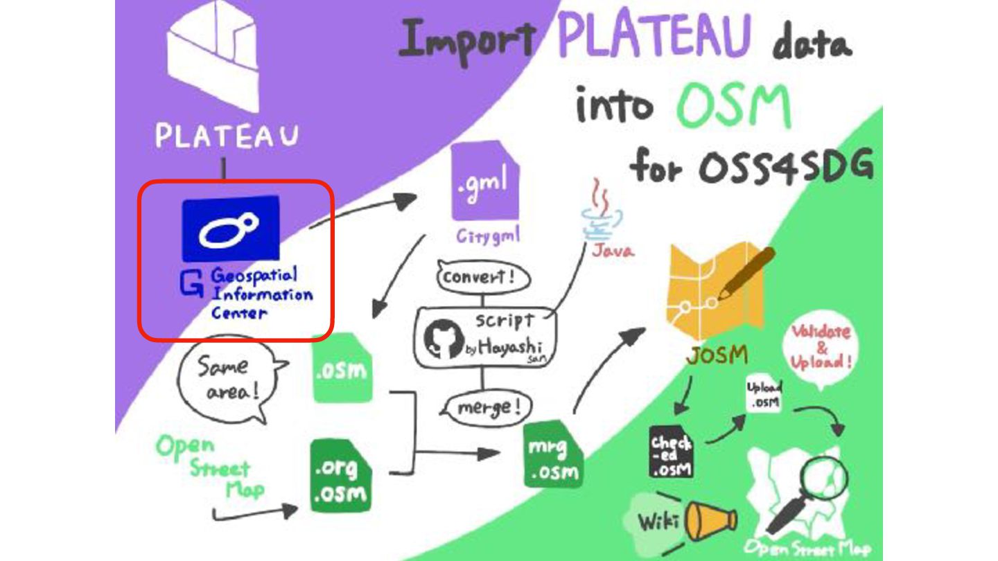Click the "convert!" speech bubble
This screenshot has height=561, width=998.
[x=483, y=278]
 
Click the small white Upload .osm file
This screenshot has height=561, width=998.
[x=764, y=395]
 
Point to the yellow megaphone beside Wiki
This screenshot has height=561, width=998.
[x=710, y=521]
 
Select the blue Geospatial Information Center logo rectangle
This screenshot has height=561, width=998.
[x=231, y=229]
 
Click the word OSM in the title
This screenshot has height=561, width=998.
[x=734, y=107]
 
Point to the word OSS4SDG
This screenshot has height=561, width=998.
[x=786, y=168]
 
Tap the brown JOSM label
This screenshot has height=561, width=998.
[x=717, y=356]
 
